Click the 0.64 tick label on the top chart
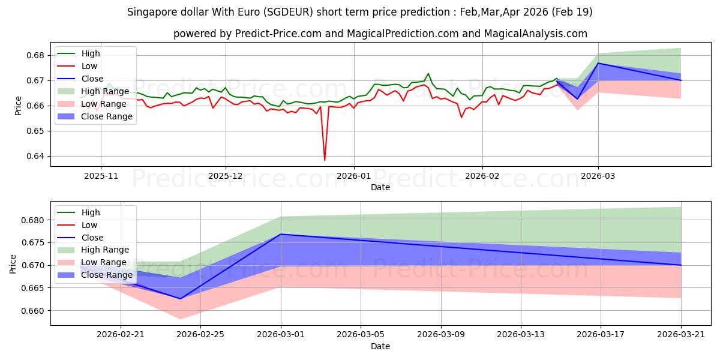[x=35, y=157]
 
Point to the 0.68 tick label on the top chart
[x=35, y=56]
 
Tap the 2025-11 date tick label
[x=101, y=176]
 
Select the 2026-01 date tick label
[x=353, y=176]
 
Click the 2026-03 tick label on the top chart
[x=598, y=176]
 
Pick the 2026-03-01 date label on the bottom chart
[x=281, y=335]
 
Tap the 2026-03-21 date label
[x=681, y=335]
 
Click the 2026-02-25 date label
[x=200, y=335]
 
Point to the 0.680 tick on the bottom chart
[x=32, y=221]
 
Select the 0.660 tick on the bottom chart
[x=32, y=311]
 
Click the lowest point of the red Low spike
[x=325, y=160]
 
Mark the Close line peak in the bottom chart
[x=281, y=234]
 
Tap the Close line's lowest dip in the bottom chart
[x=181, y=299]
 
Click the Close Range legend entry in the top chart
[x=95, y=116]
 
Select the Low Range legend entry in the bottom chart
[x=92, y=262]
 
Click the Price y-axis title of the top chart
[x=19, y=106]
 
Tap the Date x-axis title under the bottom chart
[x=380, y=347]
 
